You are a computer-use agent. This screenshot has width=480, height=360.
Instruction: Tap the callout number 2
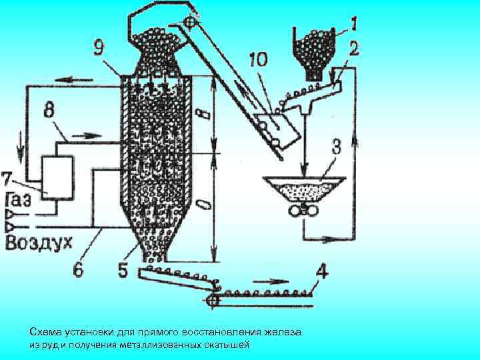pos(354,49)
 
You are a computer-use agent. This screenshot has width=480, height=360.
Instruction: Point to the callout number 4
pos(321,273)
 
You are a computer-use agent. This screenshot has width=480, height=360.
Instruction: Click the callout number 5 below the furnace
pos(123,270)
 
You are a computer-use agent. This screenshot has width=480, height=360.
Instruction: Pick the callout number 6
pos(79,270)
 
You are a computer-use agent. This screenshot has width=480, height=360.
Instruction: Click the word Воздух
pos(39,243)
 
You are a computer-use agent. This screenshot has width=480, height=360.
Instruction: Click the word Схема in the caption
pos(43,331)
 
